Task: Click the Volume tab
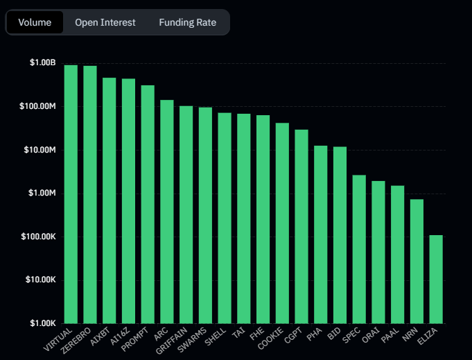click(35, 22)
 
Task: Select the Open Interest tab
click(105, 22)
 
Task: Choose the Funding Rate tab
click(187, 22)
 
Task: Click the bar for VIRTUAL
click(71, 194)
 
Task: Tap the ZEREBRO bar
click(90, 194)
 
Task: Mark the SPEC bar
click(359, 249)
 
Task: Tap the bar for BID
click(340, 235)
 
